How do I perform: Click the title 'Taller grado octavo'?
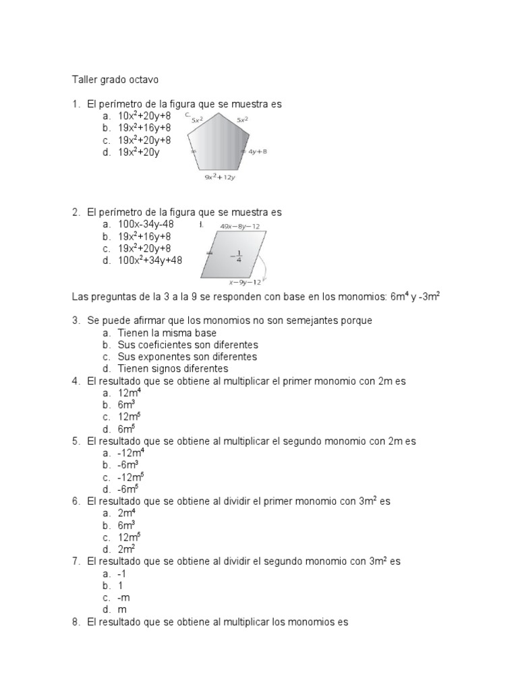115,80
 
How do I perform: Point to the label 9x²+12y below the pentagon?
220,177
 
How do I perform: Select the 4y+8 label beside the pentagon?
258,152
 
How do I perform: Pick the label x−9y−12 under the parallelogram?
245,283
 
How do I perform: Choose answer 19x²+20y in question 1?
139,153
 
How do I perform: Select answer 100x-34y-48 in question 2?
146,224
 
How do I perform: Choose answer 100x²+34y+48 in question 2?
150,260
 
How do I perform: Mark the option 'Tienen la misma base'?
167,333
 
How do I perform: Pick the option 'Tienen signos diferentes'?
173,369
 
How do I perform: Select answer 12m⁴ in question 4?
129,393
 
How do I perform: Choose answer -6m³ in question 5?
128,465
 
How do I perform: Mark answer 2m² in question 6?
126,549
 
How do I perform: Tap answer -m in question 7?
123,597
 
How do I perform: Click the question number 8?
76,622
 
